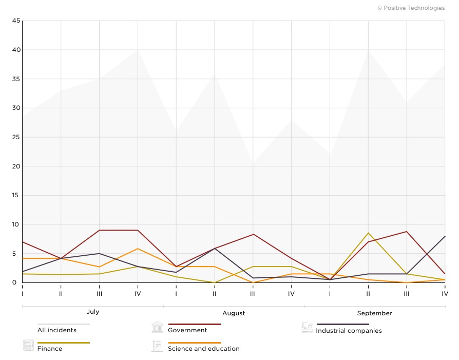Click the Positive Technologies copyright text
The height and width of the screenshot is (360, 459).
(x=411, y=8)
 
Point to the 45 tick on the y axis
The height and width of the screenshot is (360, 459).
(x=16, y=21)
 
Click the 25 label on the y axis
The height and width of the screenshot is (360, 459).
(x=16, y=137)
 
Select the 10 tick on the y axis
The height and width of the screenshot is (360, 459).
(x=16, y=224)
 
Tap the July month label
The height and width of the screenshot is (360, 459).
(x=93, y=312)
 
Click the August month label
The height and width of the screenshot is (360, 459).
(x=234, y=313)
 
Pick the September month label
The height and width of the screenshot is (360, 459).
(x=375, y=313)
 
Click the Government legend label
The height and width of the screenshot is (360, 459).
(x=187, y=330)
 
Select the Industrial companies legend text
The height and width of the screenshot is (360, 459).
(x=349, y=331)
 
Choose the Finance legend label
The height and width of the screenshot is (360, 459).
(x=50, y=349)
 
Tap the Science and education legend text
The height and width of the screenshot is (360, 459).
(x=204, y=349)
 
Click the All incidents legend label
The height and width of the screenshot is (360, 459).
(x=57, y=330)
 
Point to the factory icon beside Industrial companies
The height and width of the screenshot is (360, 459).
(x=308, y=327)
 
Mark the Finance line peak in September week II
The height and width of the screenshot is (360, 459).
(x=368, y=233)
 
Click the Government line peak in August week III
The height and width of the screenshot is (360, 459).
(x=253, y=234)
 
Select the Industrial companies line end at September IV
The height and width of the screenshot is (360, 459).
(x=445, y=236)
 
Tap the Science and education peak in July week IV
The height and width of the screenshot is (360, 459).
(x=138, y=249)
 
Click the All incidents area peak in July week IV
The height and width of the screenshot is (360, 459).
(x=138, y=50)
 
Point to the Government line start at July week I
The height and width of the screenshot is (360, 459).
(x=23, y=242)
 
